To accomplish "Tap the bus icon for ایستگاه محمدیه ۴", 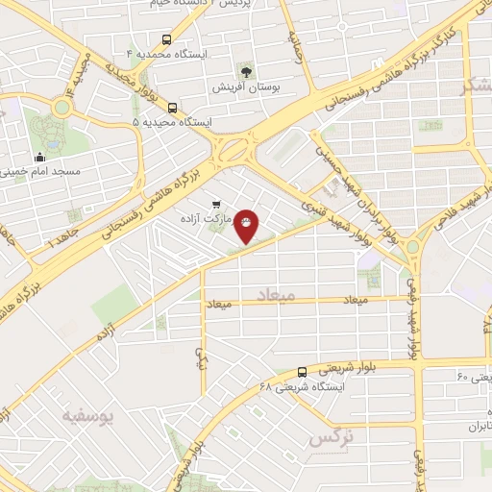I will click(168, 40).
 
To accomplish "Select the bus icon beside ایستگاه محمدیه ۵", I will click(172, 108).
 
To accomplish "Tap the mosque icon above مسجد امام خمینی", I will click(39, 159).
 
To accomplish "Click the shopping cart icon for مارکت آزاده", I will click(216, 204).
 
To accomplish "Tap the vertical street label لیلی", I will click(200, 359).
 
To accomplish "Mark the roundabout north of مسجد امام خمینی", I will click(63, 106).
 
